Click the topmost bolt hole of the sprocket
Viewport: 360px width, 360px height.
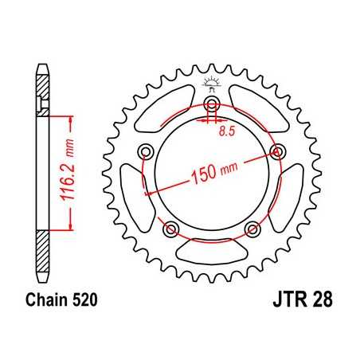point(212,101)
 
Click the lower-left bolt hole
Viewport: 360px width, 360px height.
point(170,229)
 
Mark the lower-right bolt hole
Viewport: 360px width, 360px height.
point(253,229)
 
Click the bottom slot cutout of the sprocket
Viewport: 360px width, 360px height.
point(212,253)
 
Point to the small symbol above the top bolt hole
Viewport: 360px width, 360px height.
point(212,83)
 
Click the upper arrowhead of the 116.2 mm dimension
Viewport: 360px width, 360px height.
point(72,118)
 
